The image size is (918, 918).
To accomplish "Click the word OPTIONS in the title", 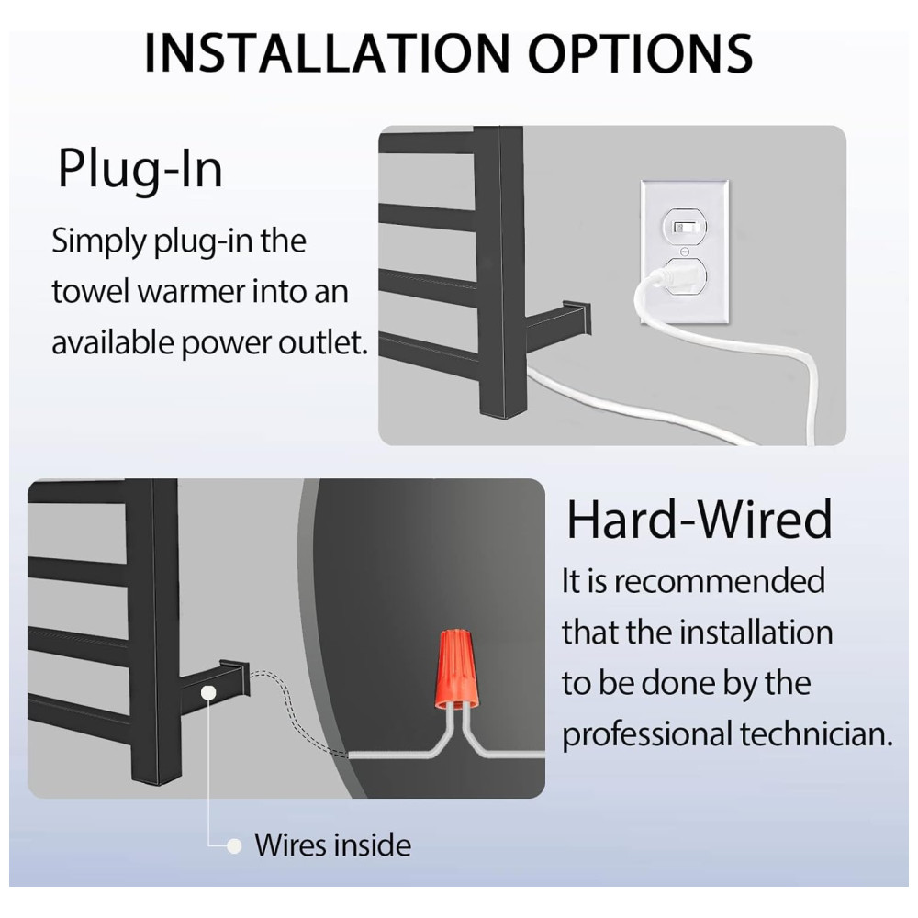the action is coord(641,53).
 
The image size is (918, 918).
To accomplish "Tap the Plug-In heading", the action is coord(140,170).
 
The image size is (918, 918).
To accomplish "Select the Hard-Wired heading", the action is coord(699,520).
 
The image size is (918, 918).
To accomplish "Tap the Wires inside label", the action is coord(332,845).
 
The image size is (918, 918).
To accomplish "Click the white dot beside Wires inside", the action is coord(234,846).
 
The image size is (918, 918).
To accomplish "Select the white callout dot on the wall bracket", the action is coord(207,693).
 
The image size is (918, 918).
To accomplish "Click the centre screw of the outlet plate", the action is coord(685,251).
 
